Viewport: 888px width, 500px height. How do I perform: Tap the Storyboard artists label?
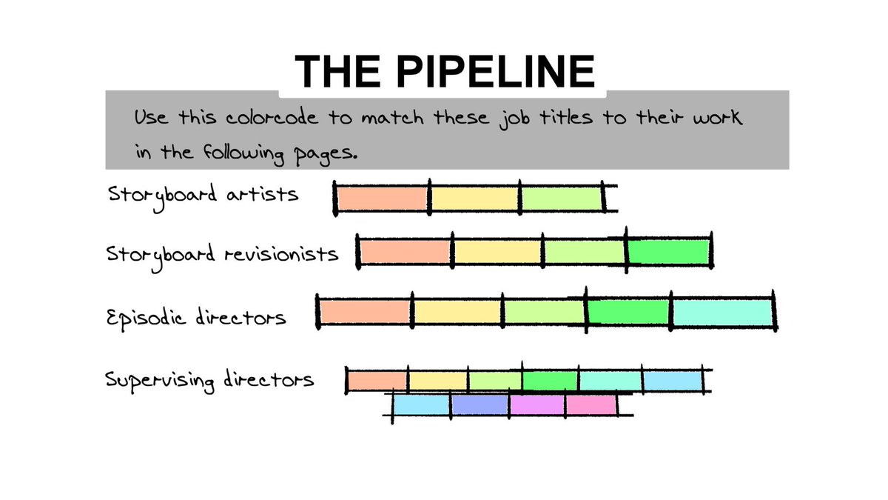coord(203,196)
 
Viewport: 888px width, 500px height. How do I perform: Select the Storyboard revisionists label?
coord(223,253)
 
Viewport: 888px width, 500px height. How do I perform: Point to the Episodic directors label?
coord(196,318)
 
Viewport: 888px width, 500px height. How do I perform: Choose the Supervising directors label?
coord(209,380)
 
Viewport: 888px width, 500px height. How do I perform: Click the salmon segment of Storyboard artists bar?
coord(383,199)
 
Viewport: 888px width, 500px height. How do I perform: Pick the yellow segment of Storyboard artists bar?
coord(475,199)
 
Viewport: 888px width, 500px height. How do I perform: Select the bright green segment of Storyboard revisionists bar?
coord(669,252)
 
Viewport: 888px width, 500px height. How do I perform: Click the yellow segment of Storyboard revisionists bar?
coord(498,252)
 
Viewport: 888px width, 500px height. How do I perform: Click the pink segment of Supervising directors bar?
coord(591,404)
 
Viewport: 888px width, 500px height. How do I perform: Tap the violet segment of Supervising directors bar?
coord(537,404)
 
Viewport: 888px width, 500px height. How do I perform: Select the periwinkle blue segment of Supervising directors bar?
coord(480,404)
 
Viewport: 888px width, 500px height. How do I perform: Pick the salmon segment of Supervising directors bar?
coord(377,381)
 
